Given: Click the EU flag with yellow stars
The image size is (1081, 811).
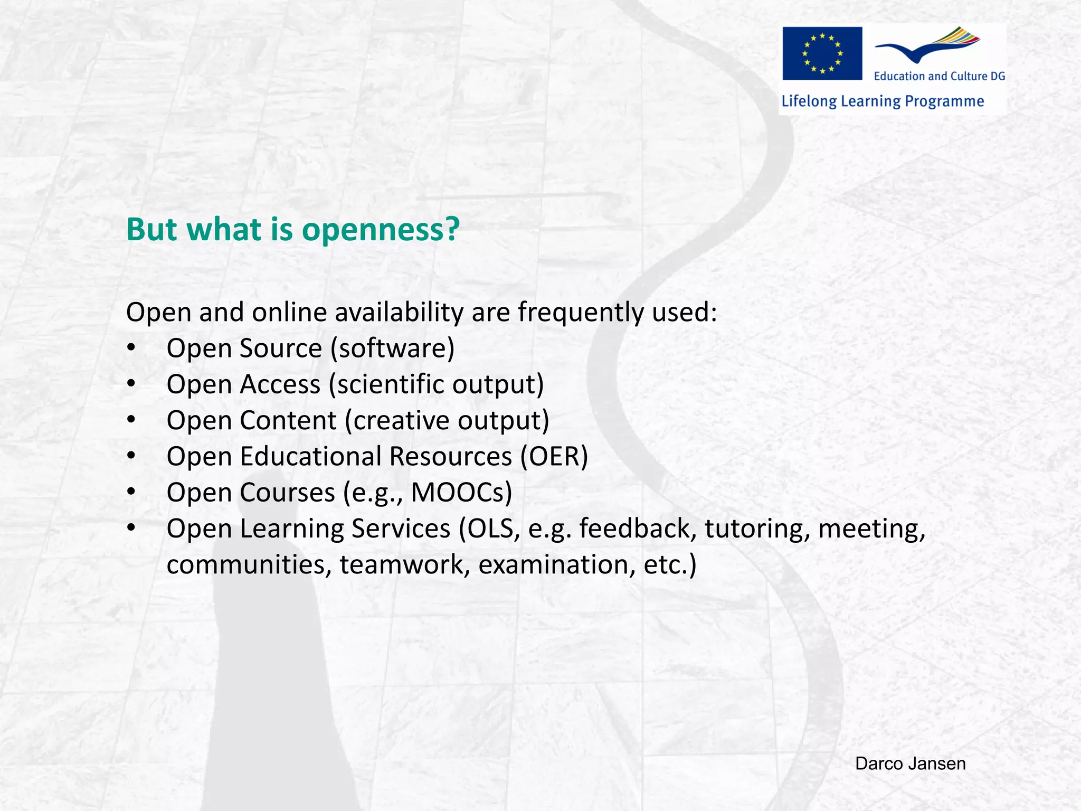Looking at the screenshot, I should coord(822,53).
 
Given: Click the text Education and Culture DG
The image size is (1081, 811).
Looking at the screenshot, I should coord(939,76).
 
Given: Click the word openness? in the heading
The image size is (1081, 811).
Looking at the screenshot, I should coord(381,230).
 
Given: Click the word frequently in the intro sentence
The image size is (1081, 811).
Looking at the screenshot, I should coord(581,313).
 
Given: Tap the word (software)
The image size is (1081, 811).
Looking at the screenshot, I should coord(392,349).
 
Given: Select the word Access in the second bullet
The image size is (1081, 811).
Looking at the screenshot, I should coord(280,384).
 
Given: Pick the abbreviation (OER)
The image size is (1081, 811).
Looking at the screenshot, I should coord(554,457).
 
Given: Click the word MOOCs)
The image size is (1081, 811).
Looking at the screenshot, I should coord(461,493).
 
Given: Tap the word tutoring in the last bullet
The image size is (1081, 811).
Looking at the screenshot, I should coord(757,529).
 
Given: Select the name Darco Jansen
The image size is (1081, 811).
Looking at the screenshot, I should coord(910,763).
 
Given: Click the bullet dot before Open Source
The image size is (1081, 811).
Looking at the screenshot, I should coord(131,348).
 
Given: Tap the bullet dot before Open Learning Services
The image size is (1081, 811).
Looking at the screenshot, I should coord(131,528).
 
